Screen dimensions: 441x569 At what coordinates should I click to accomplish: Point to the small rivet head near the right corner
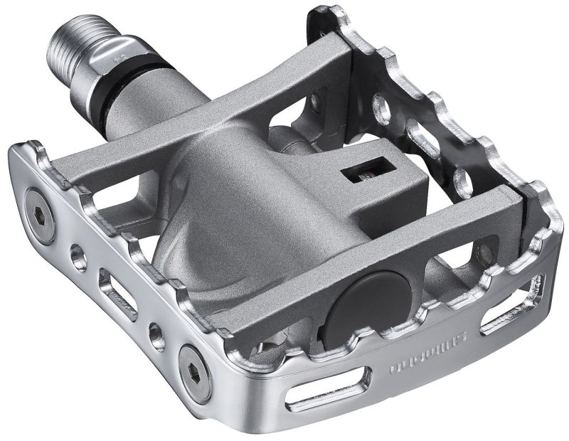pyautogui.click(x=486, y=250)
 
